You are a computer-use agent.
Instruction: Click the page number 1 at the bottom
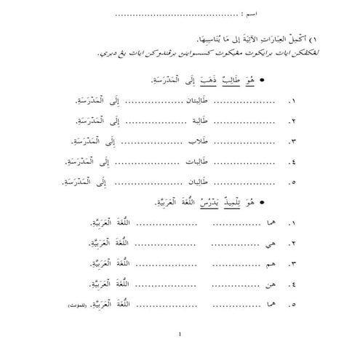pyautogui.click(x=179, y=335)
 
